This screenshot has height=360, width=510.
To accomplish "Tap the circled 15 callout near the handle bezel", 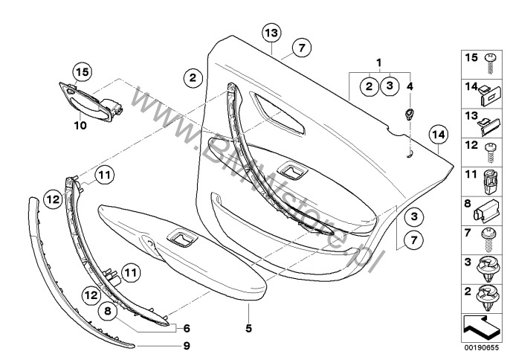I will point(83,71).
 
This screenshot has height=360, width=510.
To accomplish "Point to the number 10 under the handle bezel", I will point(80,126).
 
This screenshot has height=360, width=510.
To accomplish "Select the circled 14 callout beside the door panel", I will point(439,135).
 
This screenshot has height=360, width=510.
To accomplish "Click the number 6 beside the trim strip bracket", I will point(187,328).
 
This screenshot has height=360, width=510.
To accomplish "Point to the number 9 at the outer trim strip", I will point(187,346).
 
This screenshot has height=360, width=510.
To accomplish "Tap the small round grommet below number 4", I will point(409,113).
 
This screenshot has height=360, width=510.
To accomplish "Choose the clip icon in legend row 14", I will point(490,91).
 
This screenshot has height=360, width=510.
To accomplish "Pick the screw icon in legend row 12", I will point(489,147).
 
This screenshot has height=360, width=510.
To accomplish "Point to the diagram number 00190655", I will point(483,346).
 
